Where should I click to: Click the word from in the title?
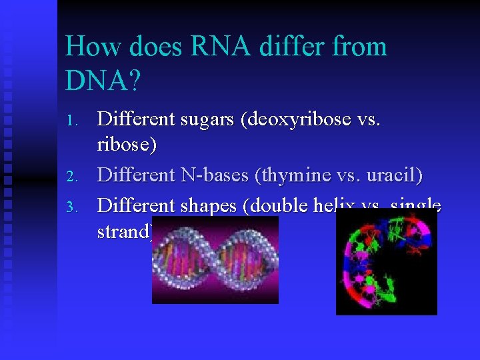coord(363,47)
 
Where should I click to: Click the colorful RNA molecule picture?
coord(386,263)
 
